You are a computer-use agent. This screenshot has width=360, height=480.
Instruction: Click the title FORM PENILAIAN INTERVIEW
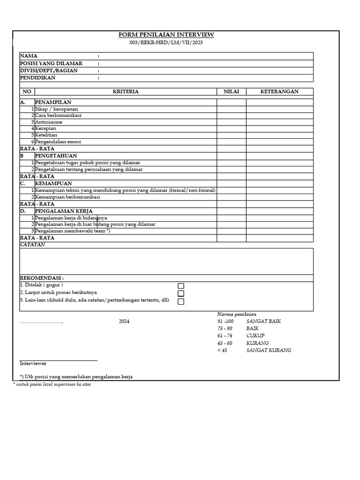166,35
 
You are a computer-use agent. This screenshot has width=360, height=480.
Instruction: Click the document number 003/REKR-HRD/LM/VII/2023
166,43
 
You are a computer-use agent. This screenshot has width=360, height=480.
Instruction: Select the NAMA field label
29,56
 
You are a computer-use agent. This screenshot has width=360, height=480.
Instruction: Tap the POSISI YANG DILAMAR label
51,63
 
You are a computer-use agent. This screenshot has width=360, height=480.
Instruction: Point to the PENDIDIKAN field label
37,78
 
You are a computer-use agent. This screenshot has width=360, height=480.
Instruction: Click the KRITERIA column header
126,92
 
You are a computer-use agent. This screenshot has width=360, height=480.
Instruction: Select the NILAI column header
232,92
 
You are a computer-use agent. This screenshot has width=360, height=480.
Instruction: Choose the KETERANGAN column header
279,92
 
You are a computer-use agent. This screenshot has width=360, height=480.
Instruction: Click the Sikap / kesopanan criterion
56,109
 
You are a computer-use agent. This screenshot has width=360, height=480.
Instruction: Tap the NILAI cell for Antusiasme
232,122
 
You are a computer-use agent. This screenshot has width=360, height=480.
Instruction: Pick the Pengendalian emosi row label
58,142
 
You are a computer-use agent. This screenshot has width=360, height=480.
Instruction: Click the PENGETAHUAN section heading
56,156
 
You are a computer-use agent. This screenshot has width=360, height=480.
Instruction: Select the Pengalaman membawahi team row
72,231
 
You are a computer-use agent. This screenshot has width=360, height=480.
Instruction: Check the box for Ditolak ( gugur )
181,286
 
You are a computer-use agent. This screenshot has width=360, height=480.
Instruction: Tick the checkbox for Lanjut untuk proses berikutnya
181,293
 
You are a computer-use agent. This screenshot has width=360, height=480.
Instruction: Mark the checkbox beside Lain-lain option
181,301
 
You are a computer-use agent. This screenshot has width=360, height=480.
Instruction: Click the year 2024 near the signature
124,322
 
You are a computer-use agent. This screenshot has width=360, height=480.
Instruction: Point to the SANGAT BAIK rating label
263,322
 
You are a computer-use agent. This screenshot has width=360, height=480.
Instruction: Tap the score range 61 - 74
225,336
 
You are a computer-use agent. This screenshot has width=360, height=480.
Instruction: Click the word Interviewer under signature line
33,364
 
